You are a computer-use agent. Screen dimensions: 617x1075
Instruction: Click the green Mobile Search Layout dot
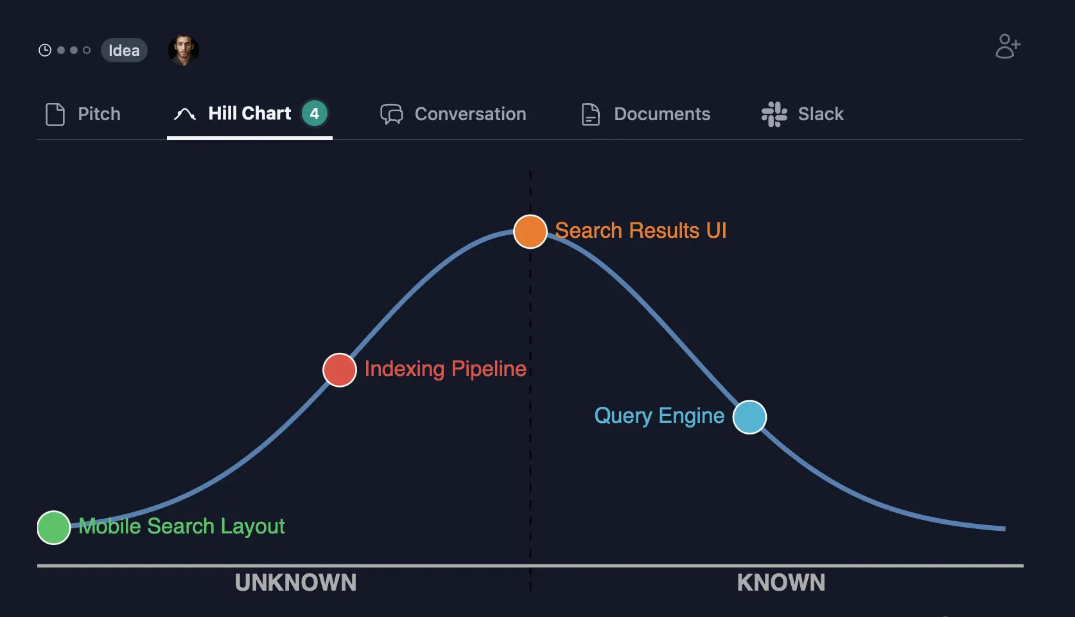(54, 528)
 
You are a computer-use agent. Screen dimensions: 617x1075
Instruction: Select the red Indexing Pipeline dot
(340, 370)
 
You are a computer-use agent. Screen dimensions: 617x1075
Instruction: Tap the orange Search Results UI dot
(530, 231)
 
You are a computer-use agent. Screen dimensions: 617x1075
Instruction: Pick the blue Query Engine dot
(749, 417)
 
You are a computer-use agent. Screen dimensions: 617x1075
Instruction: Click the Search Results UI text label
(640, 230)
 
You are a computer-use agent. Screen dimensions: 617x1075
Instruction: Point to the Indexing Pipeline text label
(445, 369)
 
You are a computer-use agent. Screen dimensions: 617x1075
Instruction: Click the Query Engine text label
(659, 416)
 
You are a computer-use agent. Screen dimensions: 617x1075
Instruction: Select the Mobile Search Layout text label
(182, 526)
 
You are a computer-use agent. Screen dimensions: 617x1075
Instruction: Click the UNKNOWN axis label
(295, 582)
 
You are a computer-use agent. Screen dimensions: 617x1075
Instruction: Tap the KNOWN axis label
(781, 582)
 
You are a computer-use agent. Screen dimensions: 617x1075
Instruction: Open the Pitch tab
(83, 114)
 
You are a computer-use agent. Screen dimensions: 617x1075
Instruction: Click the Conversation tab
(453, 114)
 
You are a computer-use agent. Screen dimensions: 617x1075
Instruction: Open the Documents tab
(645, 114)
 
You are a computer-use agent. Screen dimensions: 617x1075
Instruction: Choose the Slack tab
(803, 114)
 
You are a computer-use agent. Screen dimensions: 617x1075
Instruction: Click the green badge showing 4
(315, 114)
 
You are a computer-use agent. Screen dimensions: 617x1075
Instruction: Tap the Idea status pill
(124, 50)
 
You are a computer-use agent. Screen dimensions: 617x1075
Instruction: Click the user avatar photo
(184, 50)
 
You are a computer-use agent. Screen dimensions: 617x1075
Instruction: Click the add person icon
(1008, 46)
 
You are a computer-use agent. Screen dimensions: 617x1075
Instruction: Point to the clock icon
(45, 50)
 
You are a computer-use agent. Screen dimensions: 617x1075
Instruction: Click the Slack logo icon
(774, 114)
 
